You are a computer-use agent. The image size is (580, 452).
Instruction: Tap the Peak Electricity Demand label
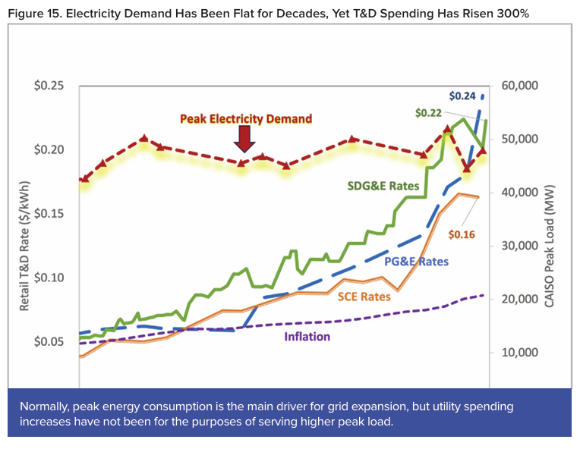(246, 118)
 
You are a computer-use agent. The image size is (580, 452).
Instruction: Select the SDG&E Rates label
(383, 186)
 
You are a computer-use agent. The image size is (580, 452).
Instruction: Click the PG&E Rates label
(416, 262)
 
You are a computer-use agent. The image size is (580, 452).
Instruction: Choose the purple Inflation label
(307, 337)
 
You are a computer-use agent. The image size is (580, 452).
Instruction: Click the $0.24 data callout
(462, 96)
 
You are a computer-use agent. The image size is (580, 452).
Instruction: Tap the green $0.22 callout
(429, 113)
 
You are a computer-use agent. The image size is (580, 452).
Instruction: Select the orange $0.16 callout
(461, 234)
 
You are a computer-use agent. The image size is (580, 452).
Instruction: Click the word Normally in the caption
(48, 406)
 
